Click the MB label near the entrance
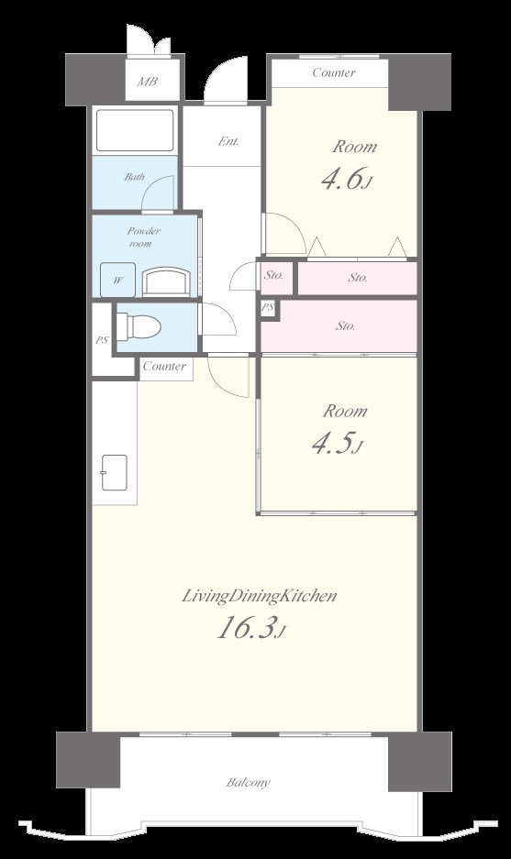148,82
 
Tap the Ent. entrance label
228,141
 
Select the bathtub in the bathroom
135,130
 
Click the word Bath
134,176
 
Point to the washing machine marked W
117,280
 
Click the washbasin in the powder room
167,281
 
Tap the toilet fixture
139,326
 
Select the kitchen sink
114,472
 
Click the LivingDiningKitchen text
259,596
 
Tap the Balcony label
249,782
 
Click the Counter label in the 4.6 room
334,72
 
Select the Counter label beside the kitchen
164,366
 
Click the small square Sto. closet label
273,275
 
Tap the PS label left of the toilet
102,339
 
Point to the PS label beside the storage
268,307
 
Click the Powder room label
142,237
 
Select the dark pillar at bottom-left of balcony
88,760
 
